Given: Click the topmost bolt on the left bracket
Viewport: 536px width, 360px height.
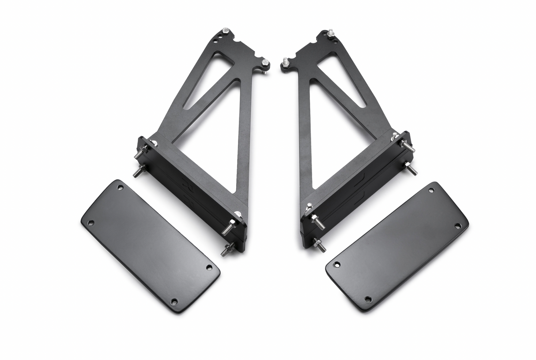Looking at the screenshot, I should [226, 30].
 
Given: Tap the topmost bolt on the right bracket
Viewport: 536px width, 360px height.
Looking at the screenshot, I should [330, 32].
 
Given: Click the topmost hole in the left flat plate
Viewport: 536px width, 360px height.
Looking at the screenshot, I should [121, 187].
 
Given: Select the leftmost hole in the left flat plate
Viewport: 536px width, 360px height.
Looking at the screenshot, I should [91, 223].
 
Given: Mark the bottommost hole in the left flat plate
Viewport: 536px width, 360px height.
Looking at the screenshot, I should [174, 301].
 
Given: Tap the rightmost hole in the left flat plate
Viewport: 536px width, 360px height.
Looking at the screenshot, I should [209, 267].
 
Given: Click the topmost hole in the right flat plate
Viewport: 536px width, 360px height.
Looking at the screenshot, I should [431, 190].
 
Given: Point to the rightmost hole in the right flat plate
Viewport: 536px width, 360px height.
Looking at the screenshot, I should [457, 226].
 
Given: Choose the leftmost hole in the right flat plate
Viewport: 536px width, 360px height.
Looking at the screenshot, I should [336, 265].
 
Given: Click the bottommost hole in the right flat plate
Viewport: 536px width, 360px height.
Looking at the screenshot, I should [368, 299].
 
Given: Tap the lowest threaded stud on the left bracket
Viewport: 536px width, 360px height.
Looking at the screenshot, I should [227, 250].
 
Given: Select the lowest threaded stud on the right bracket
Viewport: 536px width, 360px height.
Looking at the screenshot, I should [320, 245].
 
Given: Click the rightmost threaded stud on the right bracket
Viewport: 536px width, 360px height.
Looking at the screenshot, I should [411, 169].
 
